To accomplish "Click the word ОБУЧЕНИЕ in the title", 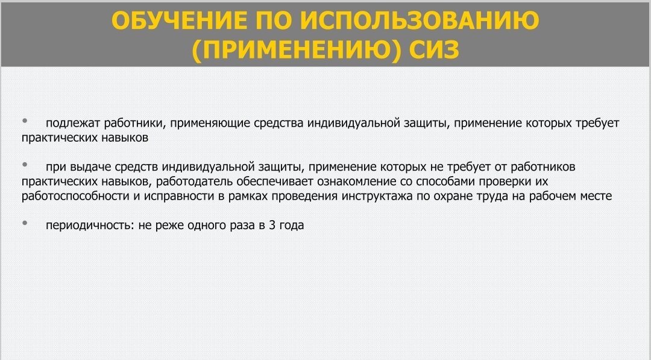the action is click(180, 20).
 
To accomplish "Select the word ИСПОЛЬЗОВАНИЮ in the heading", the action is click(420, 20).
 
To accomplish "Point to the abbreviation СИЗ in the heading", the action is click(434, 50).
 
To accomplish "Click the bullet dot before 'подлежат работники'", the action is click(25, 121).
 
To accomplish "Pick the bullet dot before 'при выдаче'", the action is click(25, 165).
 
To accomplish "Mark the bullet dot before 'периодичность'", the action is click(25, 223).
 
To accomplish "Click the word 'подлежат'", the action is click(73, 124).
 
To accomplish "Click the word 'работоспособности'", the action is click(75, 197).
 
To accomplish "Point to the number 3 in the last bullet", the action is click(272, 225).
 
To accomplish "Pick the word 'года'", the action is click(292, 226).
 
